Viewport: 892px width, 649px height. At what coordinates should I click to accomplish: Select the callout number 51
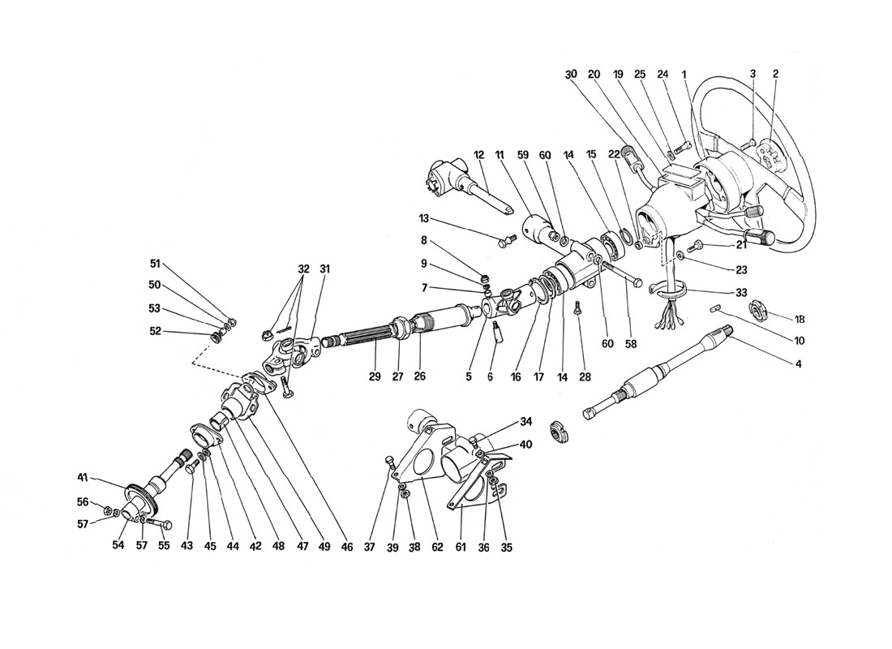156,262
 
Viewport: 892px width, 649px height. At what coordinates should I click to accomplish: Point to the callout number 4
799,364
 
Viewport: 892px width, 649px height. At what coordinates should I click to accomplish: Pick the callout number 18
799,319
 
